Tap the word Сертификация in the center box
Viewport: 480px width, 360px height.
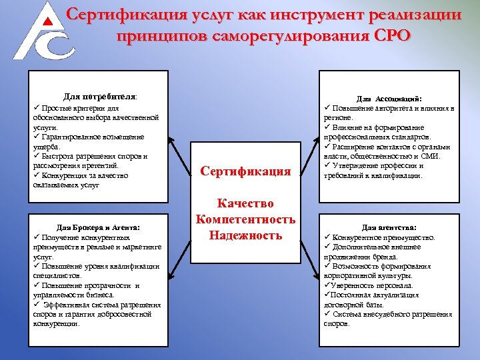click(245, 171)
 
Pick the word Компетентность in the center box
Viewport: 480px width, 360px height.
click(245, 219)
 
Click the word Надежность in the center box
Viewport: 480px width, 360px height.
click(245, 235)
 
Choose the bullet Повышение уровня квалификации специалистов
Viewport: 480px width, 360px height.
click(97, 270)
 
